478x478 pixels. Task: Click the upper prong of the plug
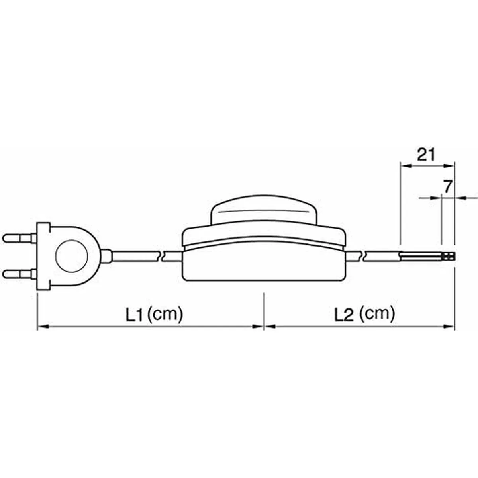pos(20,239)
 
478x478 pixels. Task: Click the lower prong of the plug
pos(20,274)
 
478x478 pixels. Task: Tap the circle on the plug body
pos(72,257)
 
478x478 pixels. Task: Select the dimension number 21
pos(426,155)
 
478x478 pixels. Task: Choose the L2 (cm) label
pos(364,314)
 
